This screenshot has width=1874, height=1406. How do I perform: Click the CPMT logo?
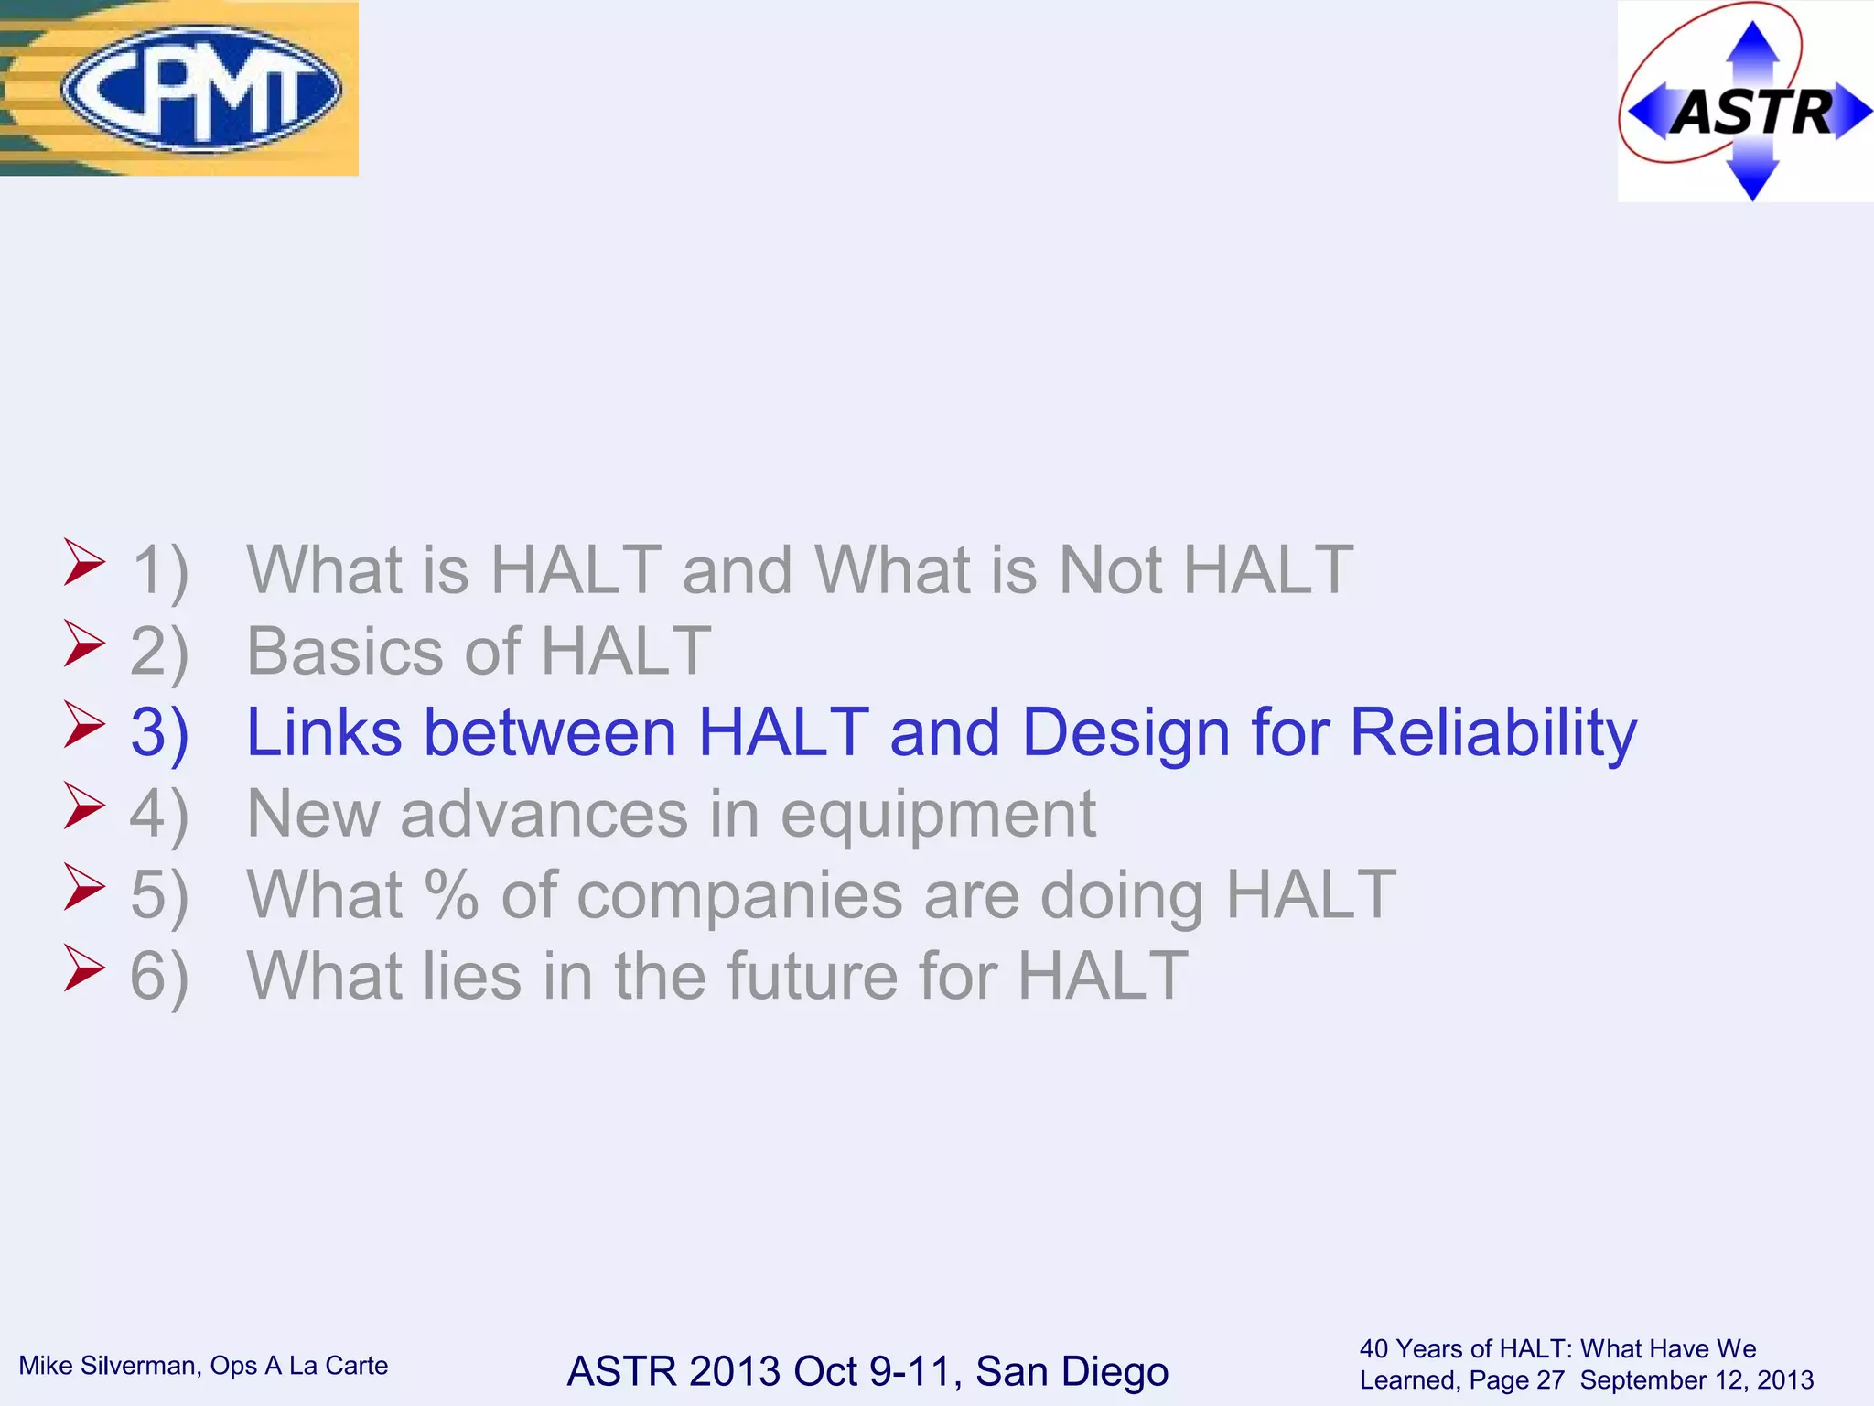point(200,89)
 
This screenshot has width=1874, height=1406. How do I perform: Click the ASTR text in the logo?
point(1752,114)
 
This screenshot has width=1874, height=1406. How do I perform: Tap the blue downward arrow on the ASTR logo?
point(1752,177)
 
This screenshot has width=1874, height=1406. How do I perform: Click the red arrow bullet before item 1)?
point(84,562)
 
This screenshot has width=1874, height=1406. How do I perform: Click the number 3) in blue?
point(159,733)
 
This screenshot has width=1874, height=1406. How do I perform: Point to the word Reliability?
point(1492,733)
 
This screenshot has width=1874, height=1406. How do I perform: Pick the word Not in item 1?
point(1110,570)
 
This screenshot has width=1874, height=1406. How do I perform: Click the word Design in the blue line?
point(1125,733)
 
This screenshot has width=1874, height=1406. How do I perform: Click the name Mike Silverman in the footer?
point(108,1366)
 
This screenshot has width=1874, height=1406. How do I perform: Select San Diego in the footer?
point(1072,1371)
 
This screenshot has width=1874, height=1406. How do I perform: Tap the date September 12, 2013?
point(1696,1380)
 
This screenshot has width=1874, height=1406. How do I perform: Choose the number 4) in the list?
point(159,814)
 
